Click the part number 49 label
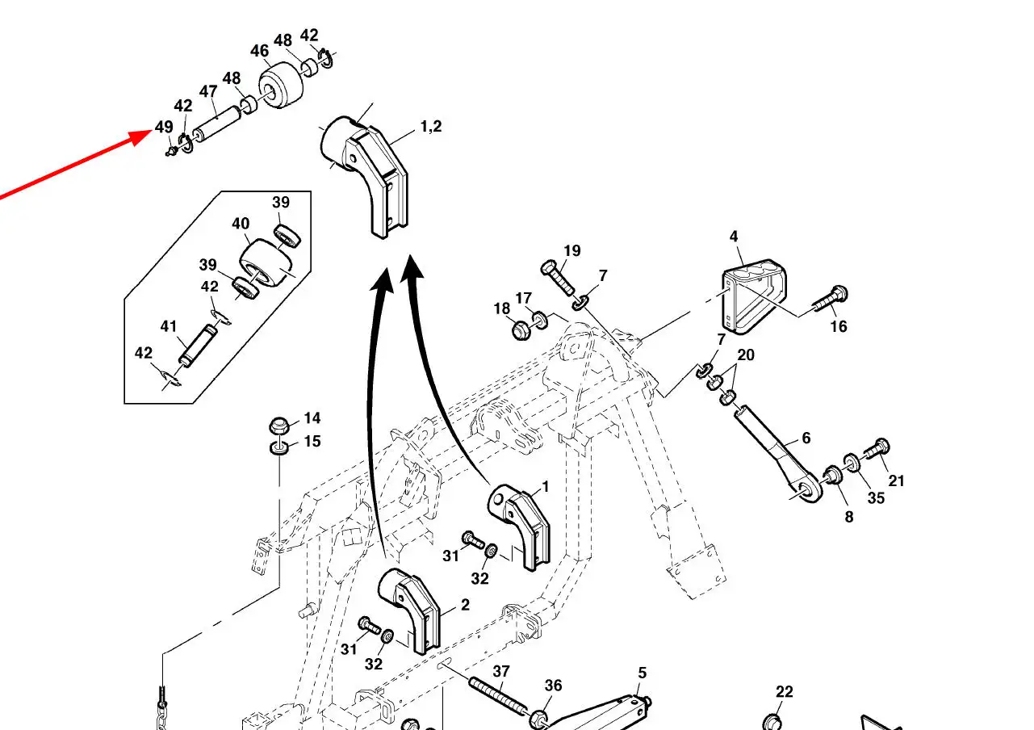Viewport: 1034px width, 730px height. click(x=164, y=128)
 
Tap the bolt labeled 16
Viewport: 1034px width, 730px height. click(x=825, y=300)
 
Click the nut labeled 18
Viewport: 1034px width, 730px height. click(x=520, y=329)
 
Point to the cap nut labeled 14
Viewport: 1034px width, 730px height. click(x=279, y=426)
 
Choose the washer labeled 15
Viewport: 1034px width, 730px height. click(x=279, y=447)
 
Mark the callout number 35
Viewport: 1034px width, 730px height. click(x=876, y=497)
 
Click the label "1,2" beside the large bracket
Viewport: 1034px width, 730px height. click(x=430, y=127)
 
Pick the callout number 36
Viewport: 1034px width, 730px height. click(x=553, y=686)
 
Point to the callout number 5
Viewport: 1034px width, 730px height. click(x=643, y=673)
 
